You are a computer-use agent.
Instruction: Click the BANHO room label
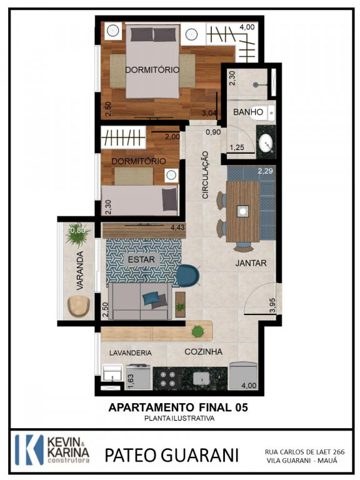(248, 112)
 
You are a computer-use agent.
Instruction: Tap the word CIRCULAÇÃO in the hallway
(205, 175)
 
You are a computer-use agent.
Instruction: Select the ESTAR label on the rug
(141, 259)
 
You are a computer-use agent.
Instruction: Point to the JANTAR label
(251, 263)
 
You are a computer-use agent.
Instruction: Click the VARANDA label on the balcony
(80, 271)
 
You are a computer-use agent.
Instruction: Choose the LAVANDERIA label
(131, 353)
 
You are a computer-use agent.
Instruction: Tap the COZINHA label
(203, 352)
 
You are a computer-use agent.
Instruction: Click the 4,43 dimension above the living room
(178, 227)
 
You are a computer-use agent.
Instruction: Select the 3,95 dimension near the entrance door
(272, 305)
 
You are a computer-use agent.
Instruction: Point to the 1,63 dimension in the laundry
(130, 381)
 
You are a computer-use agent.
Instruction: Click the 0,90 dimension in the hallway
(213, 132)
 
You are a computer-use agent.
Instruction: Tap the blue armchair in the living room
(187, 276)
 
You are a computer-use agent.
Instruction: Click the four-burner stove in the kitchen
(167, 379)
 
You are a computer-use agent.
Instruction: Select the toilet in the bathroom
(262, 112)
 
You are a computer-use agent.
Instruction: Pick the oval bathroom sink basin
(266, 144)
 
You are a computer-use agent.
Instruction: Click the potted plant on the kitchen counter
(197, 331)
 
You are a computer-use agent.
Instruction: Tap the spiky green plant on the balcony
(77, 234)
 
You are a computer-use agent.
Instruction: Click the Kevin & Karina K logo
(29, 450)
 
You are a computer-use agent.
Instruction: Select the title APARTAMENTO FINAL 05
(178, 407)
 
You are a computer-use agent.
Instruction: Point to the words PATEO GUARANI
(171, 455)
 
